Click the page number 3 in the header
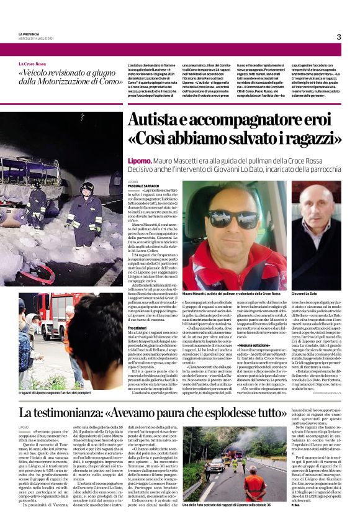(339, 37)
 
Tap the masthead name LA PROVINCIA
(29, 34)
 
